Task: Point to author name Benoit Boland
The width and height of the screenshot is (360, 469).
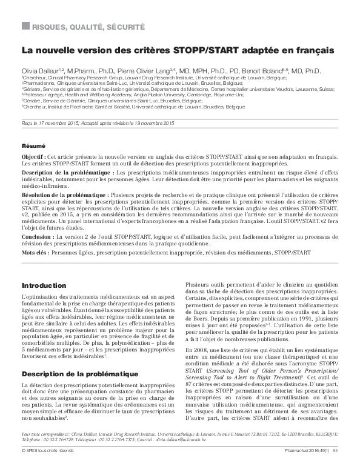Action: [x=262, y=72]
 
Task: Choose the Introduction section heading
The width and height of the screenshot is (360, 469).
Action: [x=44, y=285]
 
